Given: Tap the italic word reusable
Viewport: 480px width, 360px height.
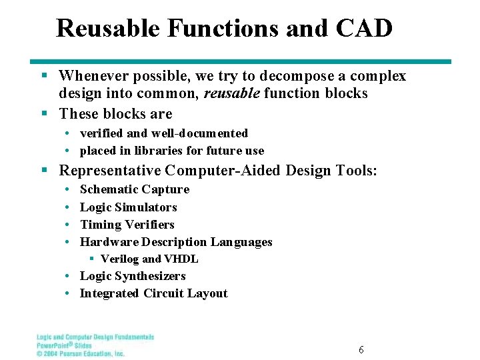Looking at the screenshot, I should (x=231, y=93).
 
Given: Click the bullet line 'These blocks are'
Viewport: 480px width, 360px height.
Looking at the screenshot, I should (x=115, y=114).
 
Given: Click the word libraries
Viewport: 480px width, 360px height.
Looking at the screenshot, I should (x=157, y=151).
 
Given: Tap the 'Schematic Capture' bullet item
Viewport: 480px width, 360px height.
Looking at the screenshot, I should (x=134, y=189).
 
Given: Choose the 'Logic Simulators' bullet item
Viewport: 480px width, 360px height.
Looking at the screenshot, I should (x=128, y=207).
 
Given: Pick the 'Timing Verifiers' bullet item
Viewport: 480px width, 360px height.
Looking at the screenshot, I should (x=127, y=225).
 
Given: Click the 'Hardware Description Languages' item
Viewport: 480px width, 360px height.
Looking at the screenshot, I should (x=176, y=242).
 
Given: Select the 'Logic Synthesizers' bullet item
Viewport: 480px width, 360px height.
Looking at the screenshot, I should (x=132, y=276).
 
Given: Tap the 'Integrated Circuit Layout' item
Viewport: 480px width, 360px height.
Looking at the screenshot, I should (x=153, y=293).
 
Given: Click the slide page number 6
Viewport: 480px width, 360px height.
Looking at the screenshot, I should (x=361, y=350).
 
